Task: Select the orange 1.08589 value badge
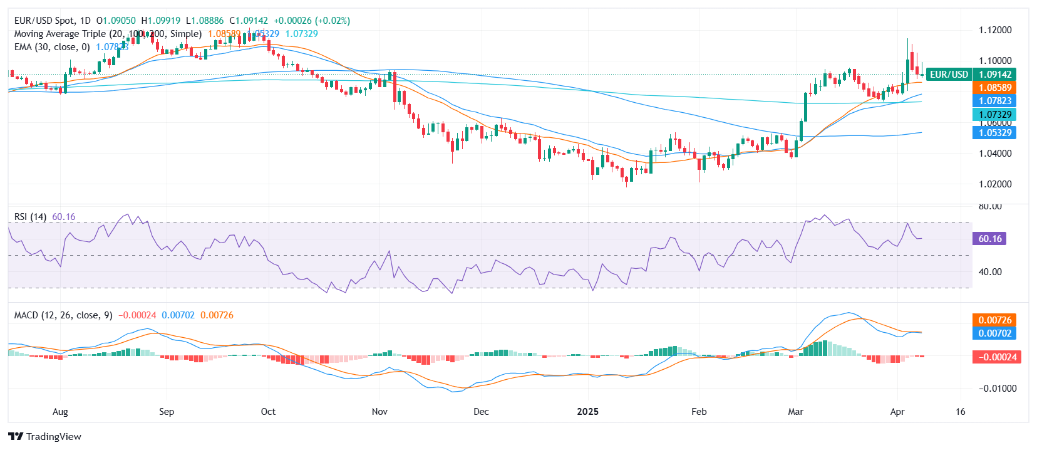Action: [994, 88]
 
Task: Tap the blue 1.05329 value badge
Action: [994, 132]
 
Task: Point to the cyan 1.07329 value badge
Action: [994, 114]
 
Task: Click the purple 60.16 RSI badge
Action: [989, 238]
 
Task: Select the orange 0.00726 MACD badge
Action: [994, 320]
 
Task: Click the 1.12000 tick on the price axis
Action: [995, 30]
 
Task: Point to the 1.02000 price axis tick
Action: [995, 184]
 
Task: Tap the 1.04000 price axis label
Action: [995, 154]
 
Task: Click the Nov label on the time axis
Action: [379, 412]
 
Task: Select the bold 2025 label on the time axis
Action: [587, 412]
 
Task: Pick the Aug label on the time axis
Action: [60, 412]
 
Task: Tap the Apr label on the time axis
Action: [897, 412]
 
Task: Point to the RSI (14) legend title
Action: [30, 217]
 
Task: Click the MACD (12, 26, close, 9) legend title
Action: [63, 315]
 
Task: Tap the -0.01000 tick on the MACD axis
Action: [994, 389]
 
